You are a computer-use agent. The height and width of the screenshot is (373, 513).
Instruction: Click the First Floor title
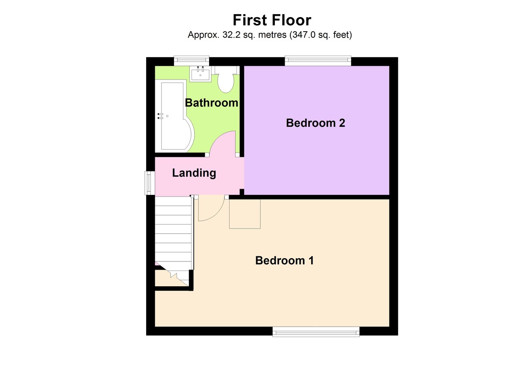click(x=272, y=20)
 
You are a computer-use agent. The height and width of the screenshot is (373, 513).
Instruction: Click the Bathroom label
click(x=211, y=103)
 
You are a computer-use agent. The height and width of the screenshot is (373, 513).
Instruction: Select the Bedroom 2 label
click(x=315, y=123)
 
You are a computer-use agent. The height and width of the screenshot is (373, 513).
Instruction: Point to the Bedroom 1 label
click(x=284, y=260)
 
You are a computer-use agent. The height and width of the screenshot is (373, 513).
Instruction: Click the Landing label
click(x=194, y=173)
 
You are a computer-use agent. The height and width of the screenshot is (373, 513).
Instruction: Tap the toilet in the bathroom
click(x=225, y=80)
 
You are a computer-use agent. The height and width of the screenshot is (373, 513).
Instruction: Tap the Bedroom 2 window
click(x=318, y=62)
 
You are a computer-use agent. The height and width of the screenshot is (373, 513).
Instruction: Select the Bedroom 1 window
click(x=316, y=331)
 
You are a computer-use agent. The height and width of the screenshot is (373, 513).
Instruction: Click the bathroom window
click(x=191, y=62)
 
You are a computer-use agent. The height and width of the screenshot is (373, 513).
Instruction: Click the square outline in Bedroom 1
click(x=245, y=214)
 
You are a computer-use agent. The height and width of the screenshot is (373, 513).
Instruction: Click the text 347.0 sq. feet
click(x=320, y=35)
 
